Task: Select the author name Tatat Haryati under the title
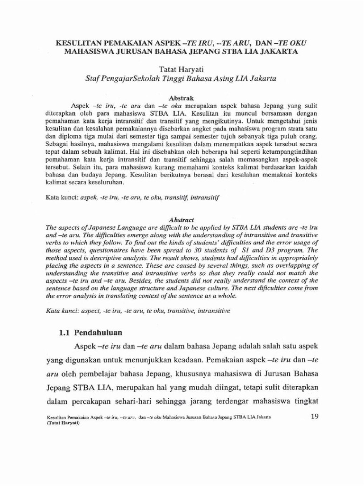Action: [182, 69]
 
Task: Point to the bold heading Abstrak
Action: [182, 95]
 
